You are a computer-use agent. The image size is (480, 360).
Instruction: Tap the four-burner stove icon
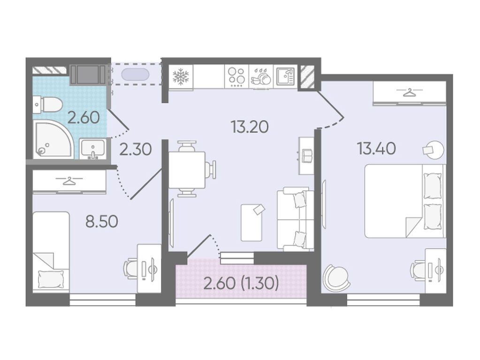236,76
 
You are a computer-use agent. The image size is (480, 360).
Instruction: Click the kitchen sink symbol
285,76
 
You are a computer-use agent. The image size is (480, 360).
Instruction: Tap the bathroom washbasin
93,149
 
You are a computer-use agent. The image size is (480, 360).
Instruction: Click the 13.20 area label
250,127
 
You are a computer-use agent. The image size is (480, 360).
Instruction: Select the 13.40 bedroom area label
376,149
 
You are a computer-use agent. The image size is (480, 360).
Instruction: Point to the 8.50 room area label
102,222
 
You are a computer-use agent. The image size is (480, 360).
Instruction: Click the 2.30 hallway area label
136,150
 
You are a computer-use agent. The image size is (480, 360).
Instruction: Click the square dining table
187,170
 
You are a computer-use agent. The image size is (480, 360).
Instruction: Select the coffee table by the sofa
251,223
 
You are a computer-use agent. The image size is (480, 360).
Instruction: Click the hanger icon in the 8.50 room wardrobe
69,181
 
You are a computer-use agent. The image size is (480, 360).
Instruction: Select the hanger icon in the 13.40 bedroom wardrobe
409,92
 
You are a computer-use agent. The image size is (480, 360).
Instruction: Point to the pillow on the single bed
51,279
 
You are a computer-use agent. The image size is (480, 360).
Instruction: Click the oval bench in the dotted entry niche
135,75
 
